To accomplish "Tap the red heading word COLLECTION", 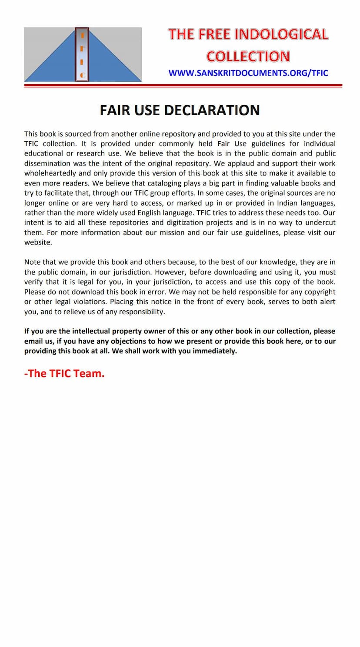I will [248, 56].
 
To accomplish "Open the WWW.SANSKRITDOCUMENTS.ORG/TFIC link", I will [248, 73].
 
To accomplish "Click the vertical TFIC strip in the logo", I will [82, 54].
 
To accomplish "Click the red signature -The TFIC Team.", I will [64, 373].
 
